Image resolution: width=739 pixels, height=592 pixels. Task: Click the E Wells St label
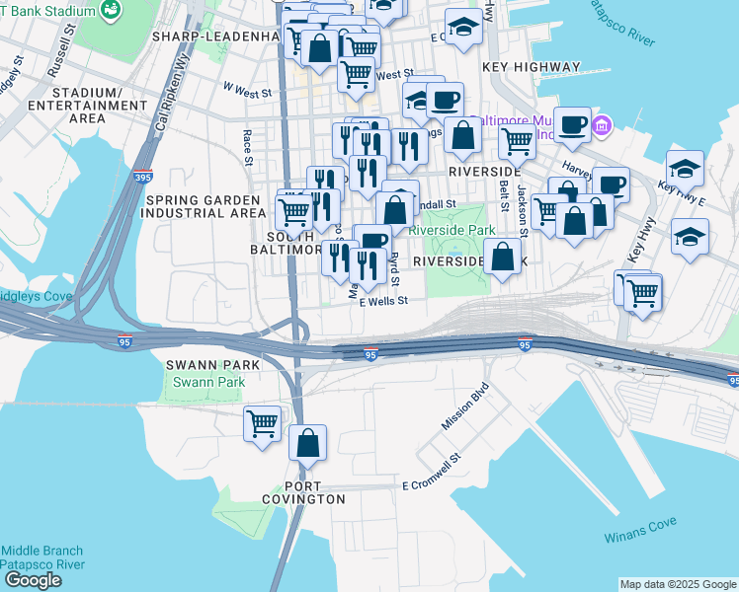click(384, 302)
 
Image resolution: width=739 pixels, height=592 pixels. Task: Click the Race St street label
click(248, 142)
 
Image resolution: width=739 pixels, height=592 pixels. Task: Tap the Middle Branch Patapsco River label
click(41, 557)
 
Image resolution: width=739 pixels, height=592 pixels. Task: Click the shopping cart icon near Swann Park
click(262, 423)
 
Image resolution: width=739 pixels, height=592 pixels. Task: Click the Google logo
click(34, 580)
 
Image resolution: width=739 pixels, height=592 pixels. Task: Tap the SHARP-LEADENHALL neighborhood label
click(215, 37)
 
